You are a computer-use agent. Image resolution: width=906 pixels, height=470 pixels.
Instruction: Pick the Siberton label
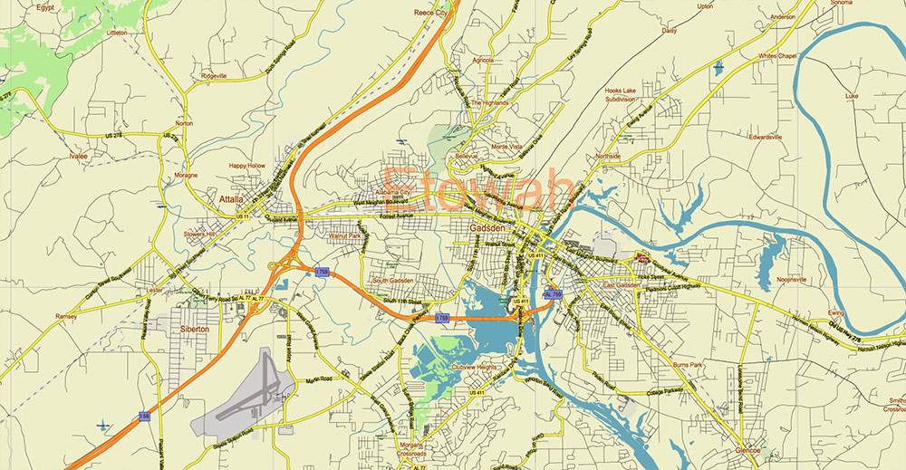194,329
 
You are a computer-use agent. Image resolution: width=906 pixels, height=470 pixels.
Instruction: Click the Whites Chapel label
777,56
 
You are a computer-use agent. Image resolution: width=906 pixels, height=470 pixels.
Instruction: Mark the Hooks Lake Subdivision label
627,95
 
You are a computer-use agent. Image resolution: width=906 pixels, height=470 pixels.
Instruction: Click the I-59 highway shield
144,416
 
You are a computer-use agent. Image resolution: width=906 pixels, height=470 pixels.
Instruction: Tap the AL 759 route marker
552,294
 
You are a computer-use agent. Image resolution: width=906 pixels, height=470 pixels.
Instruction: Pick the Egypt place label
45,7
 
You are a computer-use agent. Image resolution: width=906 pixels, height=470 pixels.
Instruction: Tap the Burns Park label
688,364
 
